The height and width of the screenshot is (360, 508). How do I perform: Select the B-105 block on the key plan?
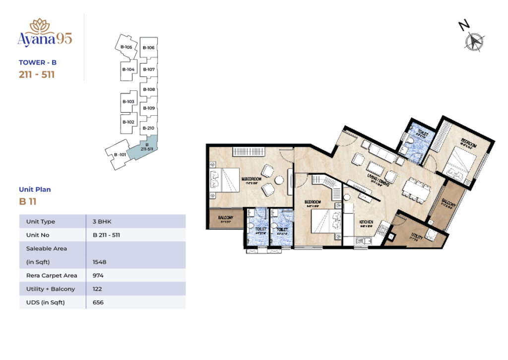tap(126, 47)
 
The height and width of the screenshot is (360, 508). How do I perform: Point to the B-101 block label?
tap(119, 154)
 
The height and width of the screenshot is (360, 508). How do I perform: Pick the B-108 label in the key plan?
tap(149, 89)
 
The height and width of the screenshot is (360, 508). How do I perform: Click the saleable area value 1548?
tap(100, 262)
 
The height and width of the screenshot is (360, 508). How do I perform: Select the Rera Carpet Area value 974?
tap(98, 275)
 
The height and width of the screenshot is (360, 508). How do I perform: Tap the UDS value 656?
tap(98, 302)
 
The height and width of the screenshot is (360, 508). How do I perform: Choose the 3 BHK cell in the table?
tap(101, 221)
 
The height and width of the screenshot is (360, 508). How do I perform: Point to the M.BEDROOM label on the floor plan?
tap(252, 179)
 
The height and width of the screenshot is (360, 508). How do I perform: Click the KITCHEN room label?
tap(366, 222)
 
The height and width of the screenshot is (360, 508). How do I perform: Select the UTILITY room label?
tap(417, 238)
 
